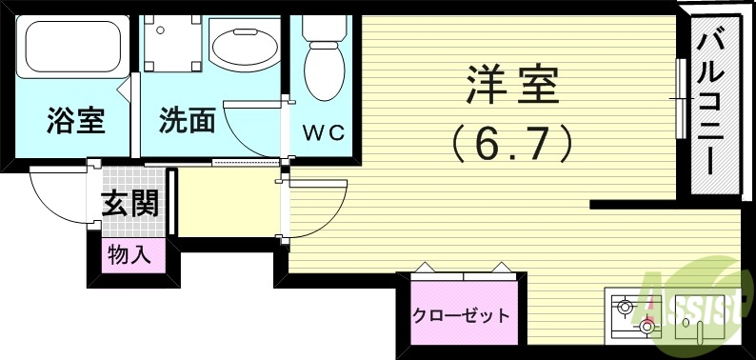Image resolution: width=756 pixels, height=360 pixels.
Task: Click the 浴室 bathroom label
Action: [x=75, y=121]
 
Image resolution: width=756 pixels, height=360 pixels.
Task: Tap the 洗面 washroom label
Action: [x=187, y=121]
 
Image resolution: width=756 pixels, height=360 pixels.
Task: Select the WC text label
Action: [x=323, y=131]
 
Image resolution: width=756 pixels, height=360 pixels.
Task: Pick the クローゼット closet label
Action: [x=461, y=316]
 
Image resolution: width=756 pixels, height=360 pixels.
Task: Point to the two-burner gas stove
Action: [x=636, y=316]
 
